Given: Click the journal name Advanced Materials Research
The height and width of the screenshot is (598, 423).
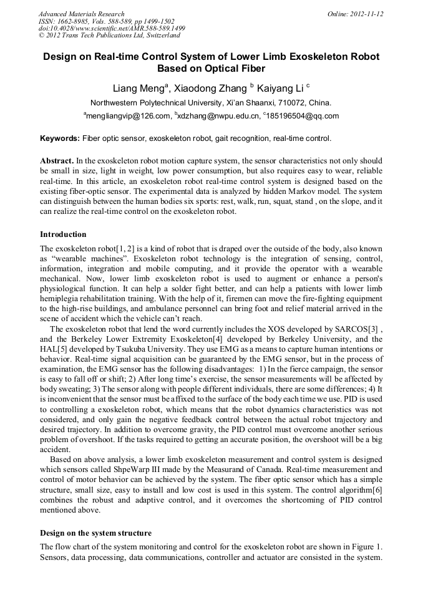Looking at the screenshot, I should pos(81,14).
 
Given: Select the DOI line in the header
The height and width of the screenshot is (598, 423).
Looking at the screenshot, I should pos(112,29).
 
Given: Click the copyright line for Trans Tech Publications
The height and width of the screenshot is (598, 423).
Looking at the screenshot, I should pos(109,36).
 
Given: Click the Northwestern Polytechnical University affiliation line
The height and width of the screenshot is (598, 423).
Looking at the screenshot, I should pos(211,103).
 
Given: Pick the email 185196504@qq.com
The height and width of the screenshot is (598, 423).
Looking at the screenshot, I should pos(303,116).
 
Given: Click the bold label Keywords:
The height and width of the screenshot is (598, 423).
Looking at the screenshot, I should pos(60,138).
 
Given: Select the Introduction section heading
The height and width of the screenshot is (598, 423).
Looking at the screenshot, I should pos(63,234).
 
